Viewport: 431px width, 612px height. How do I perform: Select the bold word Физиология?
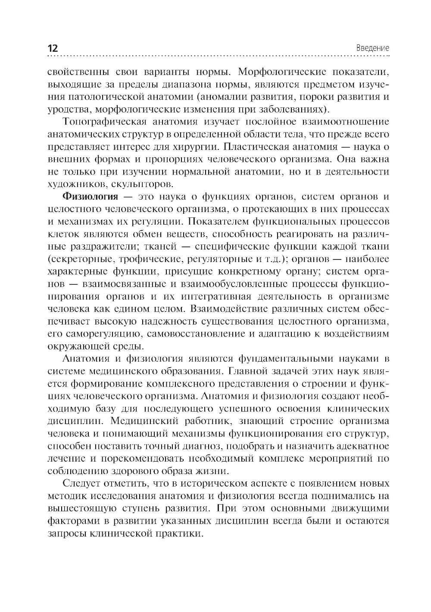tap(91, 197)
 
